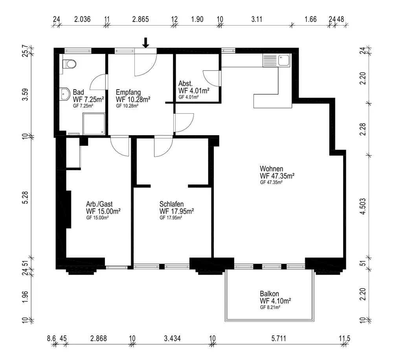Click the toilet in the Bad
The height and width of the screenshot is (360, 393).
pyautogui.click(x=69, y=64)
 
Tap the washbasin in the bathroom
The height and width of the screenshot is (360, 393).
pyautogui.click(x=65, y=94)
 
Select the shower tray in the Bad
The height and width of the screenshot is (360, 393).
pyautogui.click(x=94, y=123)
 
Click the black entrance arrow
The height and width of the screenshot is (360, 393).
pyautogui.click(x=146, y=42)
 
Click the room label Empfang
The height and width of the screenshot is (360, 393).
pyautogui.click(x=128, y=92)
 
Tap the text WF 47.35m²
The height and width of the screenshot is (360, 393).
pyautogui.click(x=277, y=176)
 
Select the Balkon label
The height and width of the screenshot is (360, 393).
pyautogui.click(x=269, y=294)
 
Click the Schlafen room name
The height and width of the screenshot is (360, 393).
pyautogui.click(x=171, y=204)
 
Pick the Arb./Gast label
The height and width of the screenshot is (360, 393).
pyautogui.click(x=99, y=204)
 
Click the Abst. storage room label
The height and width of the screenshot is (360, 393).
pyautogui.click(x=185, y=83)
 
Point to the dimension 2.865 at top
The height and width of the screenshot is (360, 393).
pyautogui.click(x=140, y=19)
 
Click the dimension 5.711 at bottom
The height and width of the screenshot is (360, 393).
pyautogui.click(x=279, y=339)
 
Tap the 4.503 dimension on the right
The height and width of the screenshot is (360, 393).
pyautogui.click(x=363, y=207)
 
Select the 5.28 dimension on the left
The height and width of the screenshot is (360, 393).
pyautogui.click(x=25, y=198)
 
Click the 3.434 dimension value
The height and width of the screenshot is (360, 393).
pyautogui.click(x=173, y=339)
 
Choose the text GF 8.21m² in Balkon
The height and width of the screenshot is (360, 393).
pyautogui.click(x=270, y=307)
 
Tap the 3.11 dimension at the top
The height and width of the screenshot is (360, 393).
pyautogui.click(x=257, y=19)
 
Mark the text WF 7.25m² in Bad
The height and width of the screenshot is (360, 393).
pyautogui.click(x=88, y=99)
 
